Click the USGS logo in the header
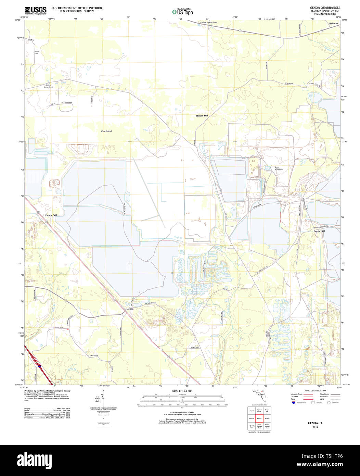pyautogui.click(x=36, y=10)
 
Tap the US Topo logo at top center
pyautogui.click(x=182, y=12)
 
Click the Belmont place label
pyautogui.click(x=333, y=24)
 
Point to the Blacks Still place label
pyautogui.click(x=202, y=116)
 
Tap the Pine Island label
pyautogui.click(x=106, y=131)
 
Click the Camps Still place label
pyautogui.click(x=51, y=215)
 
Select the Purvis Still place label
pyautogui.click(x=319, y=231)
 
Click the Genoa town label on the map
pyautogui.click(x=130, y=309)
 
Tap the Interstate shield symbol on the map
pyautogui.click(x=39, y=366)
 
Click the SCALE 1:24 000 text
pyautogui.click(x=182, y=391)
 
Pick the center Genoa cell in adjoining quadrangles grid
pyautogui.click(x=259, y=418)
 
